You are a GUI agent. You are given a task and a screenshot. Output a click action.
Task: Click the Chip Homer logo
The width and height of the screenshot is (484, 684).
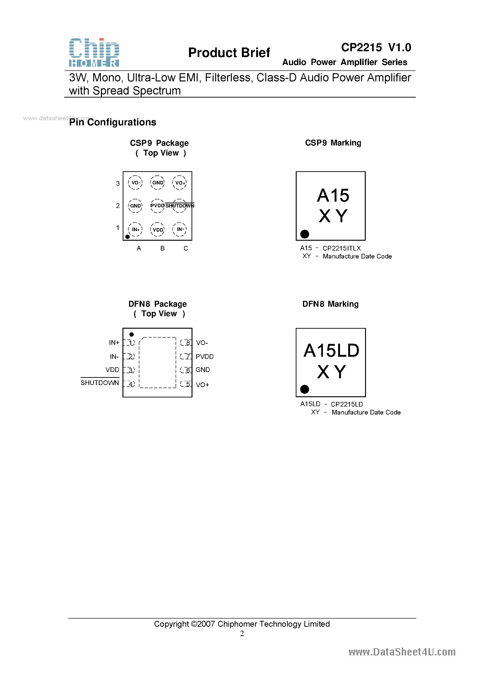94,52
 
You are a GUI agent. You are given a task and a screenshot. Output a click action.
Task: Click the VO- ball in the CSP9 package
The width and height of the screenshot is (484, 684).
135,183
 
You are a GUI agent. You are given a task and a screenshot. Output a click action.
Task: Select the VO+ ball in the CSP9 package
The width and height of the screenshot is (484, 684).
180,183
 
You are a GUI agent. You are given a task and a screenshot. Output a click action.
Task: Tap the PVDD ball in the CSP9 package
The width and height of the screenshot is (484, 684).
157,206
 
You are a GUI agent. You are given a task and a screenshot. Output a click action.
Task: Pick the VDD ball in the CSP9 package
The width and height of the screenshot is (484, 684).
157,230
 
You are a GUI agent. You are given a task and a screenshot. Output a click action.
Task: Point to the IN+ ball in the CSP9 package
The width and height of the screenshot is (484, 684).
135,230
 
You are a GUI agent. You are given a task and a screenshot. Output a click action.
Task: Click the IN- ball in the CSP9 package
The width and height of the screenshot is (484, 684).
180,229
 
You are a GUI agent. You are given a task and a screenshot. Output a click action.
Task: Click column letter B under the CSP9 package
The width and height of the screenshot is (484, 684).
163,248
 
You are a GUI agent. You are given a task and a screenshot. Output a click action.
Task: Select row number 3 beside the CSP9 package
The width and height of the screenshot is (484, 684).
118,183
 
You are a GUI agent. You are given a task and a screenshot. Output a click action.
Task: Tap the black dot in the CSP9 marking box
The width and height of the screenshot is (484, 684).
304,234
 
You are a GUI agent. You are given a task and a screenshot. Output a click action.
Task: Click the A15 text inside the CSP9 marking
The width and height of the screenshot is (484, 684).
333,195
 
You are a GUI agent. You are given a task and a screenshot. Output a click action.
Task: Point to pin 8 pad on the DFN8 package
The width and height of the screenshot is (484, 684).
186,343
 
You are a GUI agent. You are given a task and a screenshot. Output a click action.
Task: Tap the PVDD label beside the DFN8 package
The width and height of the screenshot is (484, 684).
205,357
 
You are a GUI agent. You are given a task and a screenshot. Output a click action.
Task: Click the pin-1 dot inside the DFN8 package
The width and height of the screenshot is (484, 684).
132,335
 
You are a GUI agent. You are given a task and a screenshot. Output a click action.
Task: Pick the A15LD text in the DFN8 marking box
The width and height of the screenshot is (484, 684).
331,350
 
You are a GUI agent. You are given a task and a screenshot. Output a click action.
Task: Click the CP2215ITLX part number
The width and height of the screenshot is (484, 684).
342,248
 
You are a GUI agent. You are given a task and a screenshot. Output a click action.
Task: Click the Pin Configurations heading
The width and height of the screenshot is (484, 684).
113,122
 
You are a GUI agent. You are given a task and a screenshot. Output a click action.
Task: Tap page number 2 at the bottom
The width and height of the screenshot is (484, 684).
242,633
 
